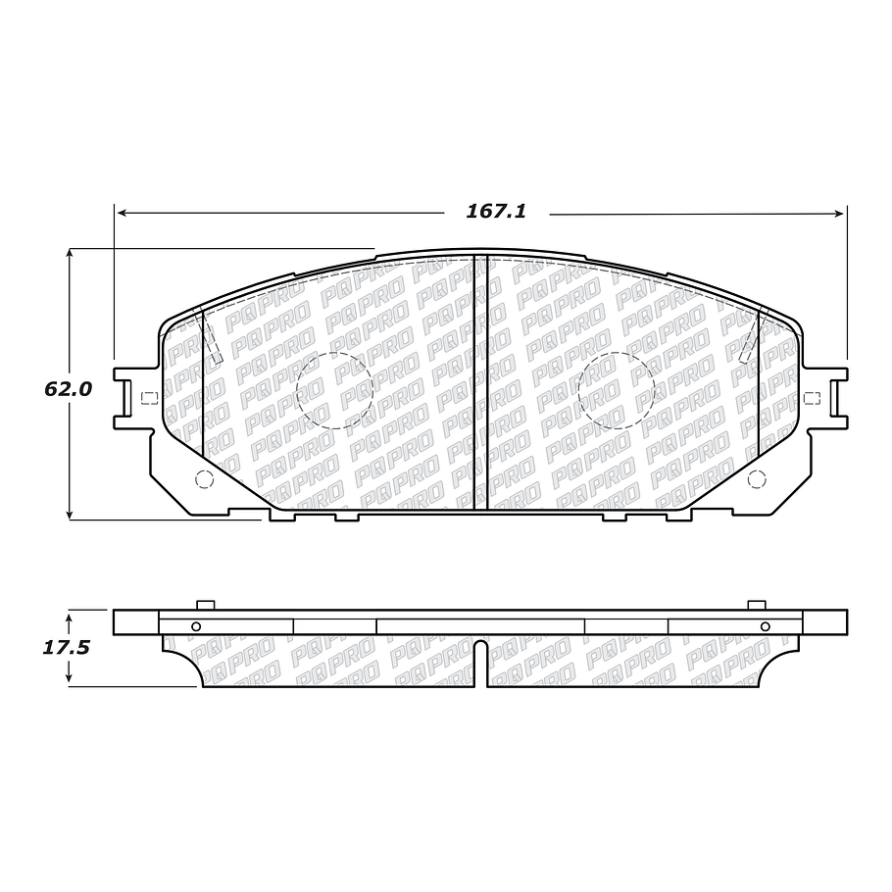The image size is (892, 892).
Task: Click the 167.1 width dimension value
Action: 496,212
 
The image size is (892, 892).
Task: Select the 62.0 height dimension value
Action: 68,389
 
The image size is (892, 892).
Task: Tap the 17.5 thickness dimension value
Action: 67,648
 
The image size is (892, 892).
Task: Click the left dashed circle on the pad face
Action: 334,353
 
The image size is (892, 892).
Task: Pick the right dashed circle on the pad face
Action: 617,353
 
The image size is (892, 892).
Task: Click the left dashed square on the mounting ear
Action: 149,398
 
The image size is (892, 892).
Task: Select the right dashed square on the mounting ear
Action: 812,398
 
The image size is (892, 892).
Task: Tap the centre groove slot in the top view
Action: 480,382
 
